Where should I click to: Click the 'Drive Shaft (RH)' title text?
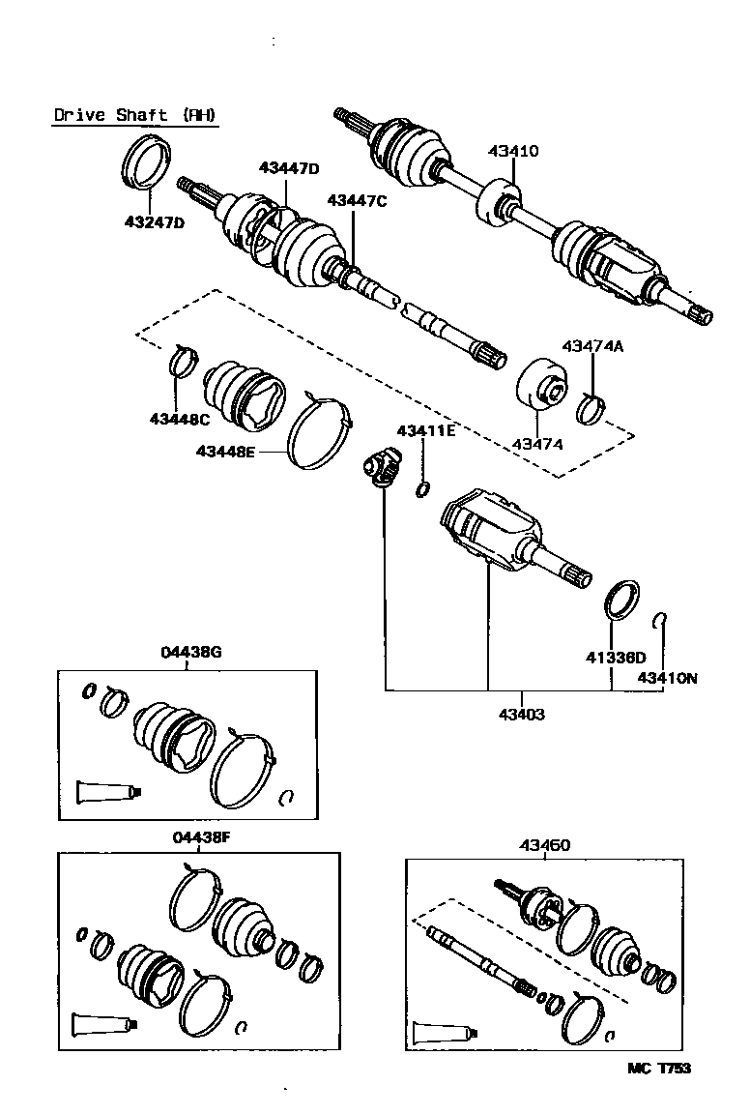tap(134, 115)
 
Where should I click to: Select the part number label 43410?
tap(513, 151)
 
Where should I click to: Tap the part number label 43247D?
tap(154, 222)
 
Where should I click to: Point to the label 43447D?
tap(288, 168)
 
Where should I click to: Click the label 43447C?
tap(357, 200)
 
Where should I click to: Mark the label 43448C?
tap(179, 419)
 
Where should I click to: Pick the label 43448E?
tap(225, 451)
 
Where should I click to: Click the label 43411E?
tap(425, 431)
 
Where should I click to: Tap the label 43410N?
tap(667, 678)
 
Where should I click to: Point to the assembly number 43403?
tap(522, 715)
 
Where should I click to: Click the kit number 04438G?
tap(191, 652)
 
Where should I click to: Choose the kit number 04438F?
tap(201, 837)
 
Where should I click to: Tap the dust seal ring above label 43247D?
tap(148, 161)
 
